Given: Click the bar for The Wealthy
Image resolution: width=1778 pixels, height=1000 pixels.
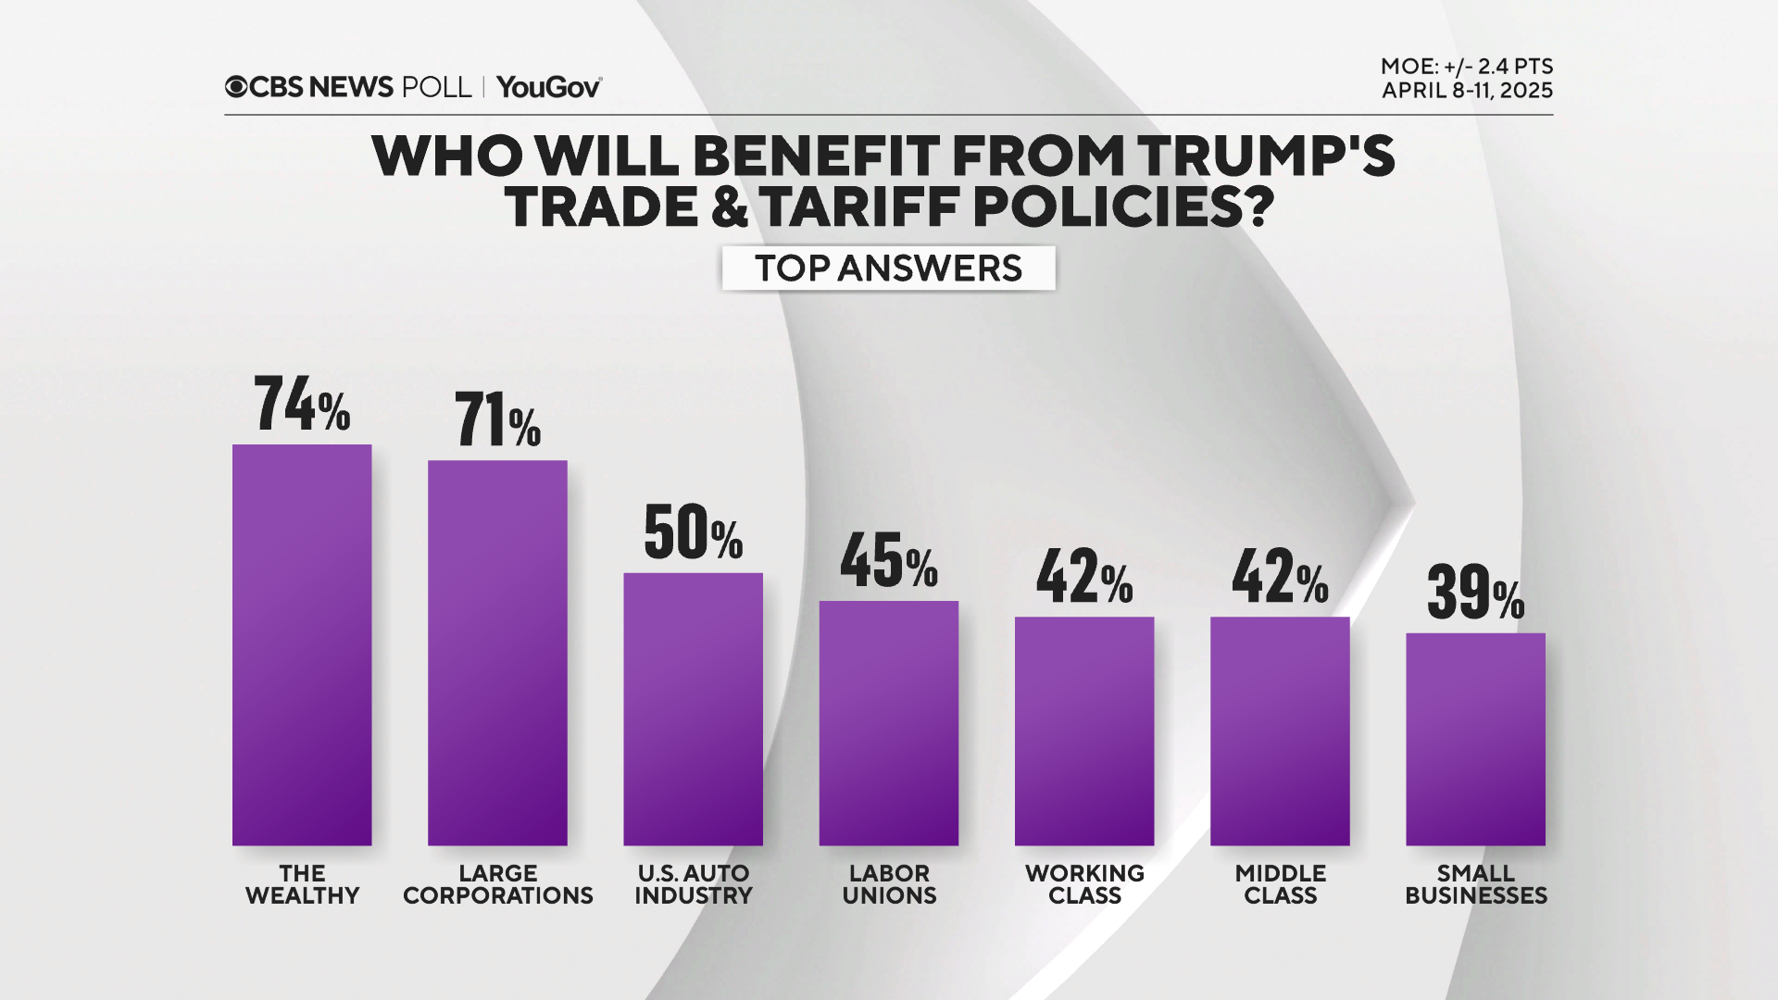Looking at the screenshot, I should pyautogui.click(x=302, y=644).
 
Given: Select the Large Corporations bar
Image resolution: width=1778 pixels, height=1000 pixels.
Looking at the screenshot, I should pyautogui.click(x=497, y=653).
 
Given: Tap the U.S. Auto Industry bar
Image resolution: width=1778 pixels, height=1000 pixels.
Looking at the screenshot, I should pyautogui.click(x=693, y=708).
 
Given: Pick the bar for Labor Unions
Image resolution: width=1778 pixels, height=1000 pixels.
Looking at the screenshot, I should pyautogui.click(x=888, y=722).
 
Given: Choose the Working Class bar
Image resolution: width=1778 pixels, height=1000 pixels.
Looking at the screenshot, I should pyautogui.click(x=1084, y=731).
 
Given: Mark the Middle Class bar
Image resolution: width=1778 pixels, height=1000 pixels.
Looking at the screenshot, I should pyautogui.click(x=1280, y=731).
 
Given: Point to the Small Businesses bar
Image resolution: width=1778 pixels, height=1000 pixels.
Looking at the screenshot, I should pyautogui.click(x=1475, y=739).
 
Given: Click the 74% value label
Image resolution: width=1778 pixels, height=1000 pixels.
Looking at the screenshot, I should pyautogui.click(x=302, y=404).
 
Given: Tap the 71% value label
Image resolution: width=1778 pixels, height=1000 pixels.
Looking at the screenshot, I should pyautogui.click(x=497, y=420).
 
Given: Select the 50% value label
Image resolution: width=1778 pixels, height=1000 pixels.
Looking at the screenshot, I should pyautogui.click(x=693, y=533).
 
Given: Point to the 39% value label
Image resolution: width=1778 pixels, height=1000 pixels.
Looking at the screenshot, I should pyautogui.click(x=1475, y=593).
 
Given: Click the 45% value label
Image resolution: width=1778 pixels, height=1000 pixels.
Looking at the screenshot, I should pyautogui.click(x=888, y=561).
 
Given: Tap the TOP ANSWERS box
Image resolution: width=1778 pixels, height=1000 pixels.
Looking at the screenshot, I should pyautogui.click(x=888, y=269).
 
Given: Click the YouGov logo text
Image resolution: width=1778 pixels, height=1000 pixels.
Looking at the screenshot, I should pyautogui.click(x=549, y=87).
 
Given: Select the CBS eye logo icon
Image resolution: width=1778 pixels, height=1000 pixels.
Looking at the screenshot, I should pyautogui.click(x=236, y=87).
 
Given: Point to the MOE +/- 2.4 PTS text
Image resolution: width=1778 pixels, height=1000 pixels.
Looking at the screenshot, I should pyautogui.click(x=1466, y=67).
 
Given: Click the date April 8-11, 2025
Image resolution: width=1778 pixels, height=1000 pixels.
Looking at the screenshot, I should pyautogui.click(x=1467, y=91).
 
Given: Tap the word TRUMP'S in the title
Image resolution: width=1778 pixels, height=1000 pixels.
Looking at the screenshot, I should pyautogui.click(x=1266, y=156).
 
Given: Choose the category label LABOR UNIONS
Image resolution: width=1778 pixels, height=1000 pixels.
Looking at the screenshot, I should pyautogui.click(x=889, y=884).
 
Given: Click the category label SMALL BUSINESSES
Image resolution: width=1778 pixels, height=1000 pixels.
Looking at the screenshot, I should pyautogui.click(x=1475, y=884).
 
